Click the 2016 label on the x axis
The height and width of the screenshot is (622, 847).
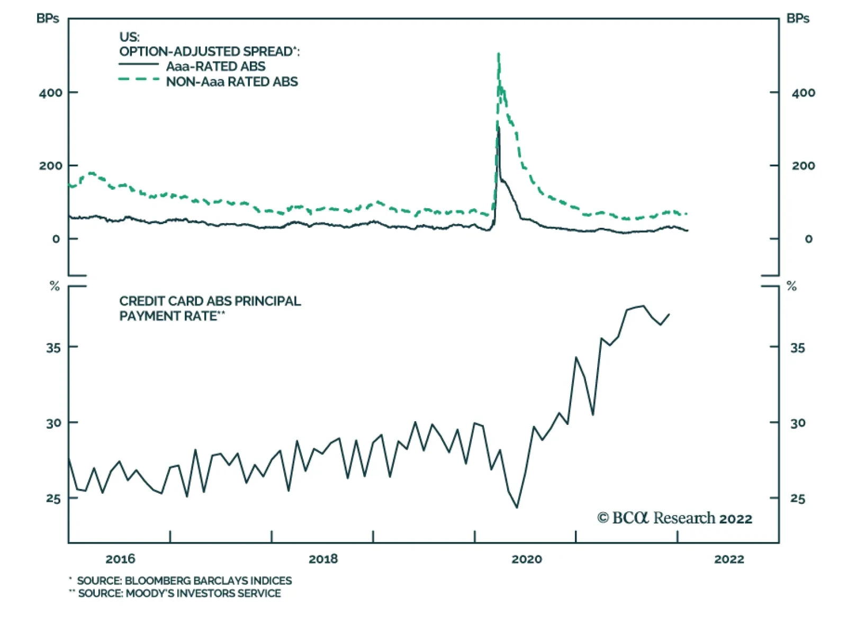click(x=120, y=559)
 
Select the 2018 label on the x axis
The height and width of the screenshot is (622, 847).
click(x=323, y=559)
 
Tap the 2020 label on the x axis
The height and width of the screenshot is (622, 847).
click(x=526, y=559)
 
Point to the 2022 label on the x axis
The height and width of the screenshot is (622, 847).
click(x=729, y=559)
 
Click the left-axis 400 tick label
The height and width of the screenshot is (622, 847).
click(x=50, y=93)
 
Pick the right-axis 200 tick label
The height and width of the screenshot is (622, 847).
click(x=803, y=166)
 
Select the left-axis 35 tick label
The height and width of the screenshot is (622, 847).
click(x=53, y=348)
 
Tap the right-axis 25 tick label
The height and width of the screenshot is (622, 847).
click(x=797, y=499)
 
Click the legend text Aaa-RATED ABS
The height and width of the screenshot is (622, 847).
click(x=215, y=66)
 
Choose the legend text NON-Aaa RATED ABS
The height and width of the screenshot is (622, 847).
click(x=232, y=82)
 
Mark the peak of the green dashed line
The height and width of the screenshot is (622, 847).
click(x=499, y=54)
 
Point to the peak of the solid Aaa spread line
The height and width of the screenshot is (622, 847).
click(x=498, y=128)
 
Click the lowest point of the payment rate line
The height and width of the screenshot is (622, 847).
click(x=517, y=508)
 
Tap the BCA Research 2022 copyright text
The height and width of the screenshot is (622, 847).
click(x=674, y=518)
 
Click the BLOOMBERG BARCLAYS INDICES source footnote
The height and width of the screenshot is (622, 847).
click(x=184, y=581)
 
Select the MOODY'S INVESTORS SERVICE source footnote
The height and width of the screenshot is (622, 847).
click(x=179, y=593)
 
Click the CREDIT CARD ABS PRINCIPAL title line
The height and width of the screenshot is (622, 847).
click(x=210, y=301)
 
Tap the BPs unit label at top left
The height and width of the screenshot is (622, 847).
click(x=48, y=19)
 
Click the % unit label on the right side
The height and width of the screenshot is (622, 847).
click(x=791, y=287)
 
